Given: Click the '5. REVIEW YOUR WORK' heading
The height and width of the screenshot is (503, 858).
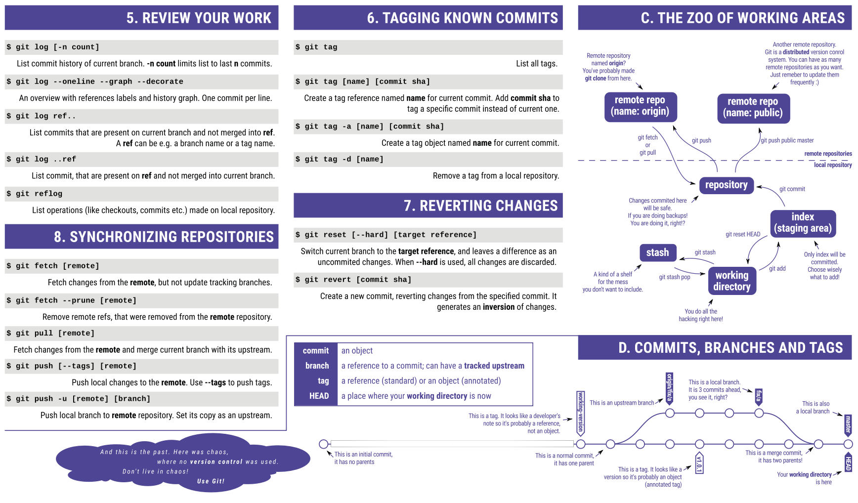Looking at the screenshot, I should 199,18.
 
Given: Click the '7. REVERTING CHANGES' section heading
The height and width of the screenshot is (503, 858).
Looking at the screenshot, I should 480,206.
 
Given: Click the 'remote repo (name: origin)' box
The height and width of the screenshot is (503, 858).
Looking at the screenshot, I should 640,106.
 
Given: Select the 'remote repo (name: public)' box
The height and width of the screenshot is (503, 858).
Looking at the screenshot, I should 753,107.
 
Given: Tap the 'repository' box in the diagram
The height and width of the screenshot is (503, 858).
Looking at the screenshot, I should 726,185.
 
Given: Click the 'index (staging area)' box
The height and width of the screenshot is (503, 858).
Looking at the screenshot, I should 803,222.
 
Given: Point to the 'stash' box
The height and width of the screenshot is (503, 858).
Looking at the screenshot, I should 657,252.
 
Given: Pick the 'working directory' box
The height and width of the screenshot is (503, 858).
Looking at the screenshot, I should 732,281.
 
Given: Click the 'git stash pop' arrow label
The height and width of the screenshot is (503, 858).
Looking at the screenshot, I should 674,277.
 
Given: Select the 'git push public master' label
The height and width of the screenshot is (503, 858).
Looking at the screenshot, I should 787,140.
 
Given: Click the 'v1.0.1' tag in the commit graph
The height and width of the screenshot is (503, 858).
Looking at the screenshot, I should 699,463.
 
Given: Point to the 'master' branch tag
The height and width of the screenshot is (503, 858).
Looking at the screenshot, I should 848,424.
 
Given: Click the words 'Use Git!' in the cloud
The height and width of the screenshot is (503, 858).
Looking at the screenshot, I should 211,481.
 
